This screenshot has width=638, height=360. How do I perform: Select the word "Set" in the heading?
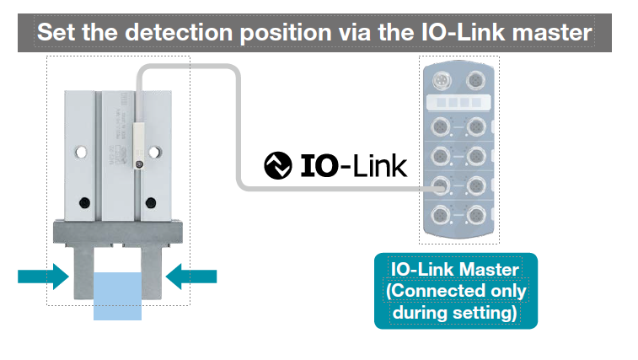pos(56,34)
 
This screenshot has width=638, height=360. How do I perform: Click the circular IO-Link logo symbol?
pos(278,166)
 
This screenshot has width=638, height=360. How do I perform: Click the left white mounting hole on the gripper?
pos(80,153)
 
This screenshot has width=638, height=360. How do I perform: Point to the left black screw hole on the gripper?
pos(83,202)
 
